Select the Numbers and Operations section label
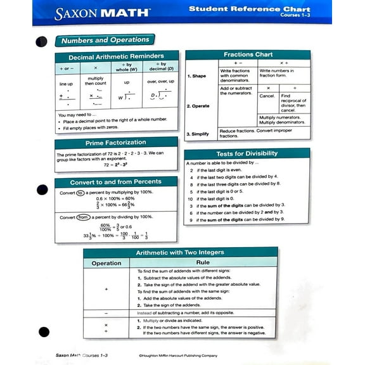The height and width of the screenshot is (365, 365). tap(105, 40)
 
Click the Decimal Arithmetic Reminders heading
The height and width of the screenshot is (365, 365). tap(115, 56)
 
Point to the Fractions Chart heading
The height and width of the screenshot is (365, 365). tap(248, 54)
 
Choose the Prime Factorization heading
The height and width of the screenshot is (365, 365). tap(115, 143)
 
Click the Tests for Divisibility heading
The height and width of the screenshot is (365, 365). tap(247, 153)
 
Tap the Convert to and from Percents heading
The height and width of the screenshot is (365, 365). tap(115, 182)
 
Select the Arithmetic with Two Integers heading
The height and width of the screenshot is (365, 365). tap(180, 252)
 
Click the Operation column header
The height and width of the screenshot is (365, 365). tap(106, 263)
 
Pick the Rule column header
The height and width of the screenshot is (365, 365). tap(203, 262)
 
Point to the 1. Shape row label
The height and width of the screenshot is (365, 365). tap(196, 76)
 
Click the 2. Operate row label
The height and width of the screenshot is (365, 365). tap(198, 106)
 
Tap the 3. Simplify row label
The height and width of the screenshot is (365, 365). tap(198, 134)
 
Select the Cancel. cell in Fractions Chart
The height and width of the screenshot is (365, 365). tap(267, 96)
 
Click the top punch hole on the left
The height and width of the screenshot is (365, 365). tap(42, 42)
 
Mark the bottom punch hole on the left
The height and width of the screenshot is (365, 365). tap(44, 331)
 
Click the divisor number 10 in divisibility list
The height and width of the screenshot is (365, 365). tap(190, 198)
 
